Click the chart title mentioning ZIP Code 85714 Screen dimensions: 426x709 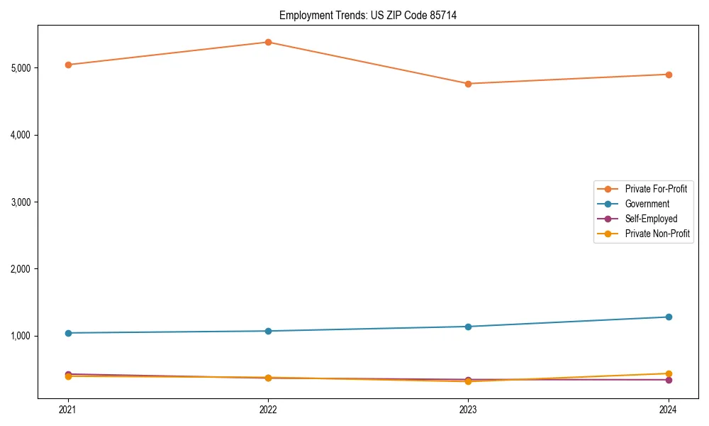[368, 15]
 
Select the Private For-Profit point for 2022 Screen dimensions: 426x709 [268, 42]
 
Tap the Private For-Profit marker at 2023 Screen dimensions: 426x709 [468, 84]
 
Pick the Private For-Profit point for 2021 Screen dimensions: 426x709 [68, 65]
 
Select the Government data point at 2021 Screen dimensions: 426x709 [68, 333]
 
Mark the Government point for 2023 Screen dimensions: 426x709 [468, 327]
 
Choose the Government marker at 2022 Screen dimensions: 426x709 [268, 331]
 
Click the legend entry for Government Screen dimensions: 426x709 [647, 204]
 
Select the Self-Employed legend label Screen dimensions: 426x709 [651, 219]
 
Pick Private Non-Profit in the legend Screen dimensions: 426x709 [657, 234]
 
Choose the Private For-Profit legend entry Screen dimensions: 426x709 [656, 189]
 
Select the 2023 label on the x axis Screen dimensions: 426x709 [468, 410]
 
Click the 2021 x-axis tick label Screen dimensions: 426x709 [68, 410]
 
